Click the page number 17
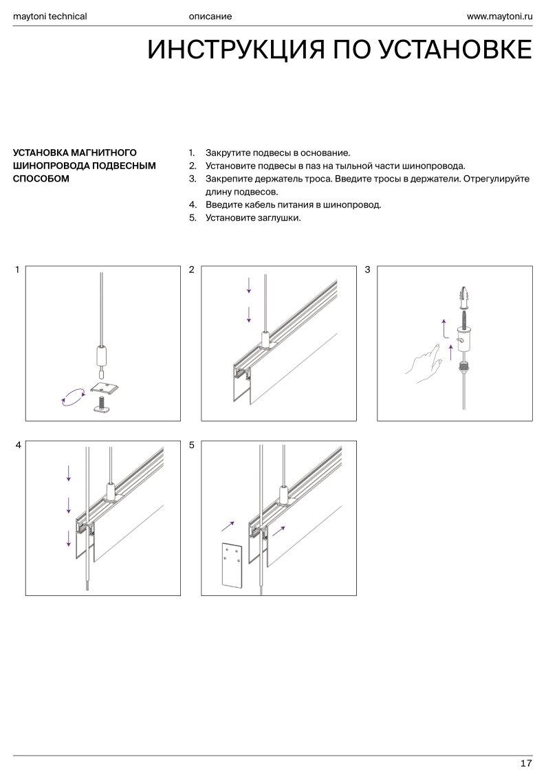pyautogui.click(x=526, y=763)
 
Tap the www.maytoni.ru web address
pyautogui.click(x=500, y=16)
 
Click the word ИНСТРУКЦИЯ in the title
pyautogui.click(x=237, y=49)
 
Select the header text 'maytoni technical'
pyautogui.click(x=50, y=16)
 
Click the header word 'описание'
pyautogui.click(x=210, y=16)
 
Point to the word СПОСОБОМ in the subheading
pyautogui.click(x=41, y=179)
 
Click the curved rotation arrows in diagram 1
pyautogui.click(x=72, y=397)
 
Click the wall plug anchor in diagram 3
pyautogui.click(x=463, y=296)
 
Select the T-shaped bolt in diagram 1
pyautogui.click(x=102, y=404)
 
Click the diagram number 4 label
pyautogui.click(x=18, y=445)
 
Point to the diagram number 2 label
pyautogui.click(x=192, y=269)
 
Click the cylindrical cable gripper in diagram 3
pyautogui.click(x=463, y=340)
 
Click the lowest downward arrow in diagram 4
pyautogui.click(x=69, y=538)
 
